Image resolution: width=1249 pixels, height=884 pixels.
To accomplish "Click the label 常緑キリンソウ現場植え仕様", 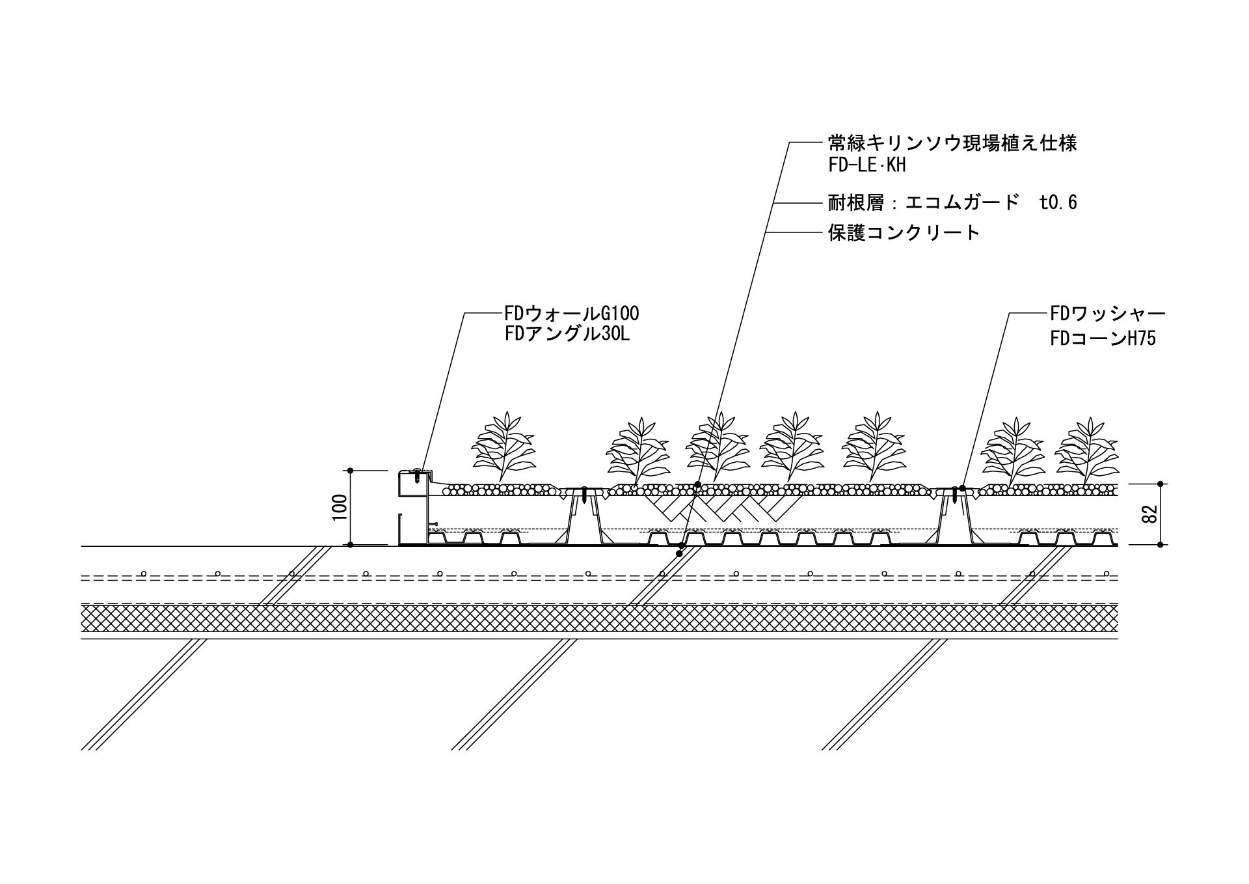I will click(952, 143).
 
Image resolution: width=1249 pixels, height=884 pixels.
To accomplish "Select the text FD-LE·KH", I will click(866, 165).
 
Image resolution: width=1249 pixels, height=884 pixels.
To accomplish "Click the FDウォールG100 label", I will click(572, 314).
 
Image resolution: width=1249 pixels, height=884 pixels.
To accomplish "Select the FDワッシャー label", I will click(1107, 314).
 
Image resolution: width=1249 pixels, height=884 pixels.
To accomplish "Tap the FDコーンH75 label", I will click(1103, 338).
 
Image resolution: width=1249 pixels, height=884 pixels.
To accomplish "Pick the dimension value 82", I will click(1149, 514).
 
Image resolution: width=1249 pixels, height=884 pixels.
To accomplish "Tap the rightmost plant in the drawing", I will click(1086, 449).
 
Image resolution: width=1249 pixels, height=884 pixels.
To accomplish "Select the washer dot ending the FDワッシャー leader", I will click(963, 488).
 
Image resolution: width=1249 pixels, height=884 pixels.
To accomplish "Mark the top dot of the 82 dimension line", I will click(1161, 484).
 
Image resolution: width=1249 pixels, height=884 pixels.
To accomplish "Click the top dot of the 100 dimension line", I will click(350, 470).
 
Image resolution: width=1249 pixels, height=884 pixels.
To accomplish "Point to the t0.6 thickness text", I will click(1058, 203).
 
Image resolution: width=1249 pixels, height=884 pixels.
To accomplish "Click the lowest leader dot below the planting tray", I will click(678, 554).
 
